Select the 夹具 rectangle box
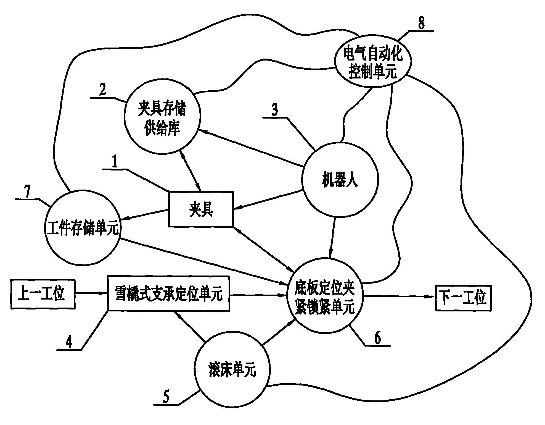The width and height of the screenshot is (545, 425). coord(201,209)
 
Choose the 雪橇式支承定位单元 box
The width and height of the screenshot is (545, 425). coord(168,293)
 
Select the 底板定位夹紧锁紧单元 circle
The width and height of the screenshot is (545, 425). coord(325,296)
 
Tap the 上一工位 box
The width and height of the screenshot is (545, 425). coord(43,293)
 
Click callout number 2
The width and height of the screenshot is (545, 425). coord(102,90)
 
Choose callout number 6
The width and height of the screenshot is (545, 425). coord(377,338)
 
